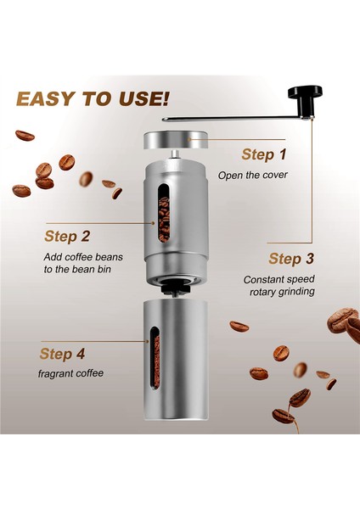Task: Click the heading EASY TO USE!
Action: point(92,99)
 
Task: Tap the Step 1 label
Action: point(264,154)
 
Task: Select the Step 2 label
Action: point(67,236)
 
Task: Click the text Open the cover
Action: point(252,176)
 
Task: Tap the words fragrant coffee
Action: point(71,373)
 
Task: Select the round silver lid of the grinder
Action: point(177,139)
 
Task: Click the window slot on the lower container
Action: point(154,363)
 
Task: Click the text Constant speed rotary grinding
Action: point(279,285)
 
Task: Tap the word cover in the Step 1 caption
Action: point(273,176)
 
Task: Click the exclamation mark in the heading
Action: point(164,98)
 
